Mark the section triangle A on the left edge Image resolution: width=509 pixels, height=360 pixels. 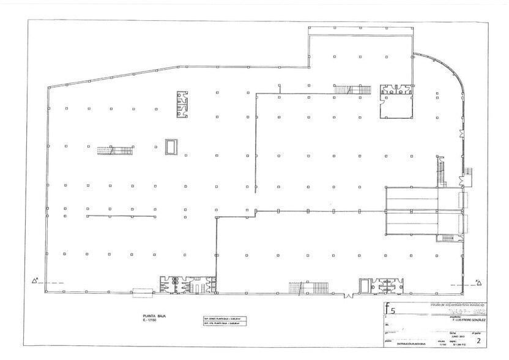[x=35, y=282]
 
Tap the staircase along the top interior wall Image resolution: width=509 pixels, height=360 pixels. [x=352, y=90]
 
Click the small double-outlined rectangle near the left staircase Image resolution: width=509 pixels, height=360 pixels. [x=171, y=146]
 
